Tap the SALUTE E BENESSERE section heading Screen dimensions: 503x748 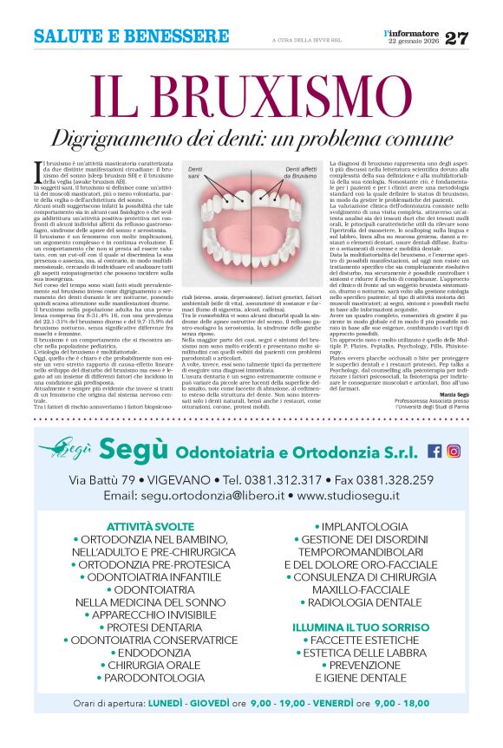coord(131,37)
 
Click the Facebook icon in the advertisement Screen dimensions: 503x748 coord(434,451)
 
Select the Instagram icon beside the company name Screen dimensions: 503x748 coord(453,451)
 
